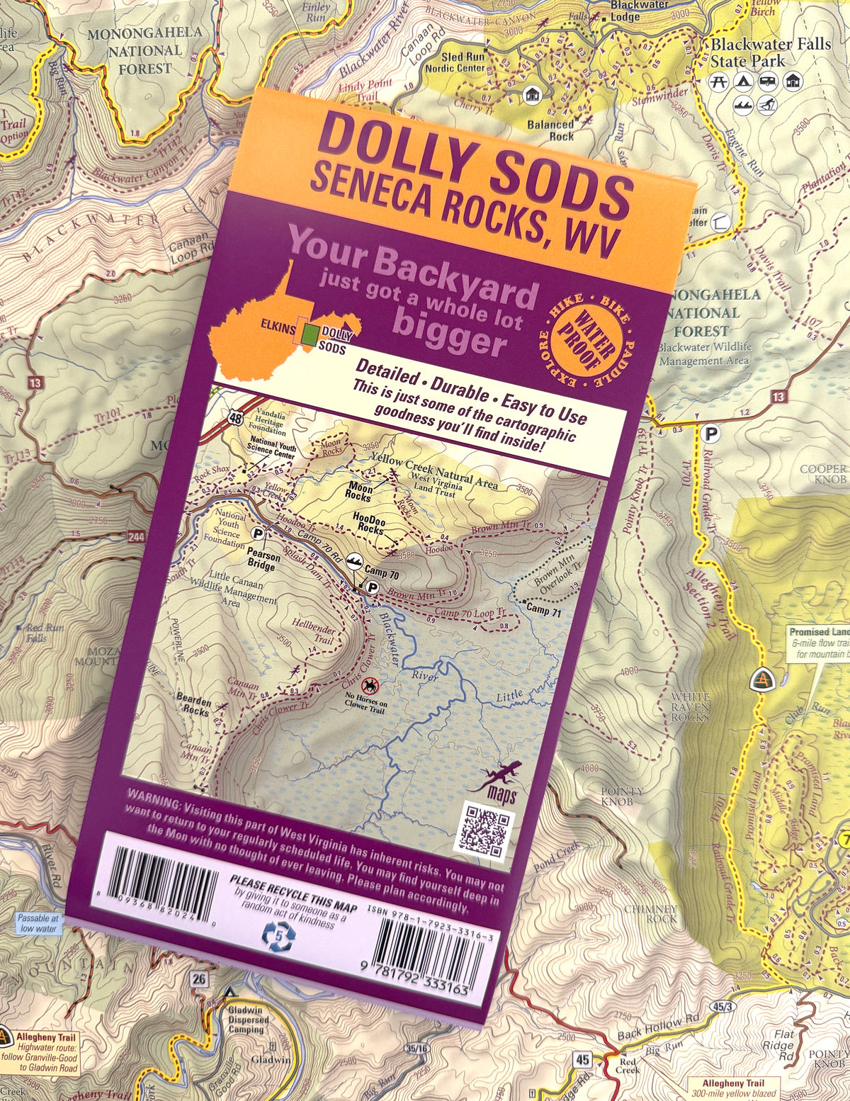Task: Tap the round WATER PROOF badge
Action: pos(585,341)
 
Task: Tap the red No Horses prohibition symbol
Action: pos(370,685)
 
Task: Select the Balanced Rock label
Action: pos(550,130)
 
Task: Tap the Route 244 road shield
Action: pos(137,538)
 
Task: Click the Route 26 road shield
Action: pos(200,979)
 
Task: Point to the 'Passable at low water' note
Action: pos(38,923)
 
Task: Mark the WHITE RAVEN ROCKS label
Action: pos(690,707)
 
